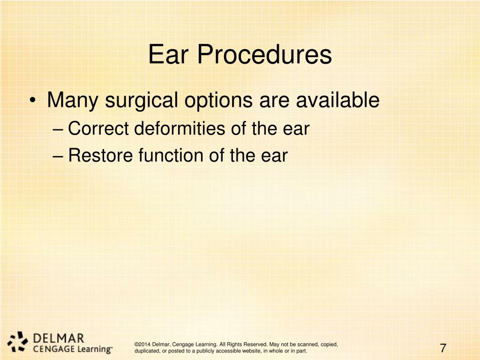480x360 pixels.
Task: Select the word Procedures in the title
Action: [x=264, y=55]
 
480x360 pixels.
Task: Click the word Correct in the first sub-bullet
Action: [x=98, y=128]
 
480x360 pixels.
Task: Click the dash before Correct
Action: [x=59, y=129]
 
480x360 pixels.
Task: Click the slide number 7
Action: [x=443, y=348]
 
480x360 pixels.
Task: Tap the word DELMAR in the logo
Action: [x=59, y=337]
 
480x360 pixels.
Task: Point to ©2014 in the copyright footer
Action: [x=142, y=344]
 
